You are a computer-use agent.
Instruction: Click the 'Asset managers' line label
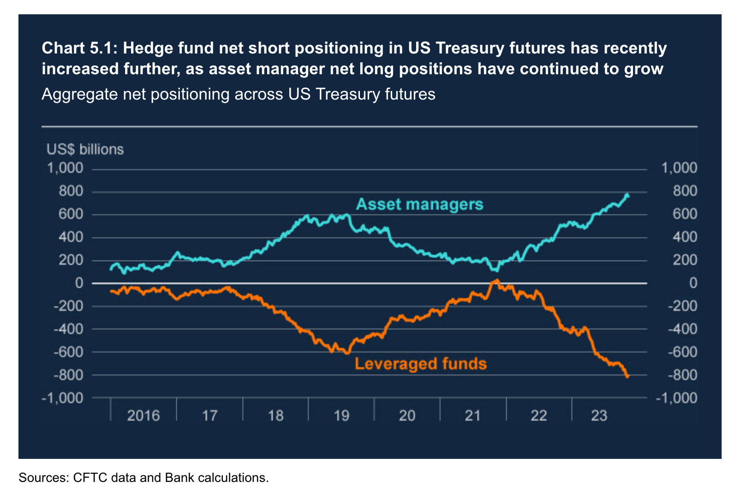(419, 204)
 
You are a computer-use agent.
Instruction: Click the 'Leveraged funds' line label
(420, 364)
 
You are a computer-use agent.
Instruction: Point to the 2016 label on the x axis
(143, 416)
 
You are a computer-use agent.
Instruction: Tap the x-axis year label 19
(341, 416)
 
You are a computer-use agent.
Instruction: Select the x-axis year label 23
(599, 416)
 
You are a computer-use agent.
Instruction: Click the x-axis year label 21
(473, 416)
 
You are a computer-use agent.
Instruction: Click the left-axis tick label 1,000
(65, 168)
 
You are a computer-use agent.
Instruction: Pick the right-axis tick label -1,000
(676, 398)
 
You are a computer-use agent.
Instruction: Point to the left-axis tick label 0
(79, 283)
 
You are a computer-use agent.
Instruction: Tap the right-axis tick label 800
(685, 191)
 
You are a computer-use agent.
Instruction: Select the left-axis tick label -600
(68, 351)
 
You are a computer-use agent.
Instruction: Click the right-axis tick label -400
(682, 329)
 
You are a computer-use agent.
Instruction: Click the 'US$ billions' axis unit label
(85, 149)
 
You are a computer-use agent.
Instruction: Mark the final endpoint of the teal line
(627, 196)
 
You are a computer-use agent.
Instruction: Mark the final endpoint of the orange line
(627, 377)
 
